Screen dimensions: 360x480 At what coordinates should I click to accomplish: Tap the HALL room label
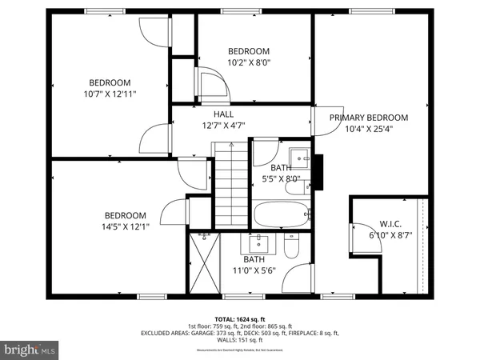[x=223, y=114]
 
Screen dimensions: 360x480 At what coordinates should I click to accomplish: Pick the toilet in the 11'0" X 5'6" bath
[x=292, y=250]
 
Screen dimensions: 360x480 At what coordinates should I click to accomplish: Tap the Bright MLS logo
[x=31, y=350]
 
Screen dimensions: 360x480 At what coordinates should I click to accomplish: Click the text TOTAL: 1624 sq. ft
[x=239, y=318]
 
